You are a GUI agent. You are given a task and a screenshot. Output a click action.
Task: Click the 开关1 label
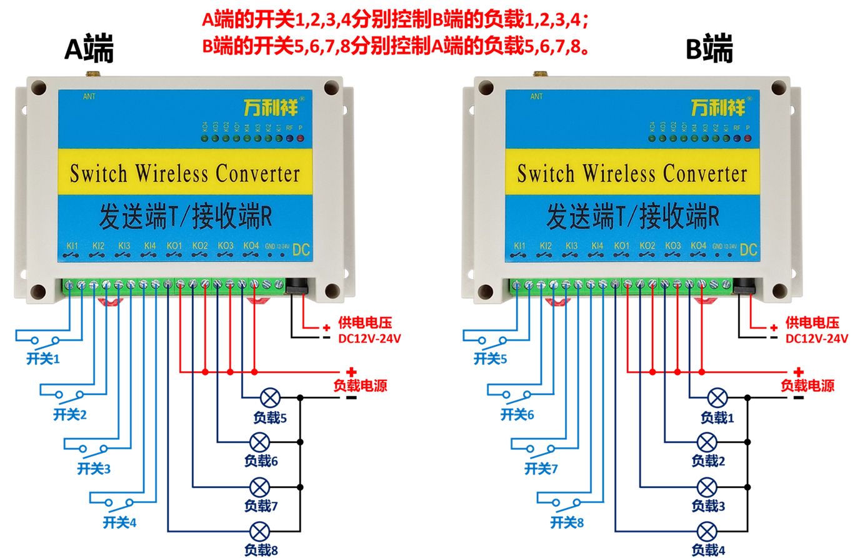pos(42,359)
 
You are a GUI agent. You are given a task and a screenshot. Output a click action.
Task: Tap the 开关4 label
pos(119,522)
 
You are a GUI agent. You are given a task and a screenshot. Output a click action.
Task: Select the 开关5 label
pos(490,359)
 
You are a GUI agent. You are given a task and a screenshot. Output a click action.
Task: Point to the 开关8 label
pos(567,522)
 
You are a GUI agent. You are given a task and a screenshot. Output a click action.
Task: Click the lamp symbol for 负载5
pos(270,397)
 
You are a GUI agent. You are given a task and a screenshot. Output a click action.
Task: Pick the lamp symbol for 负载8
pos(260,532)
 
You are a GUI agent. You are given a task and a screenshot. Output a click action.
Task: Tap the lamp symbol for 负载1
pos(717,397)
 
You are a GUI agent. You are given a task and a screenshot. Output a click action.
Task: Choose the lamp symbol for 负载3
pos(707,487)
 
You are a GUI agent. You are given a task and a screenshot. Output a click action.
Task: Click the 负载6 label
pos(261,461)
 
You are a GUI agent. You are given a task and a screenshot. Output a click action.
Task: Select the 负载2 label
pos(708,461)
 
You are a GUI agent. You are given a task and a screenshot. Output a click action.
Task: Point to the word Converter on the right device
pos(705,173)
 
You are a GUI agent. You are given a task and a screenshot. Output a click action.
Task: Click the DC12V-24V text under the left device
pos(369,339)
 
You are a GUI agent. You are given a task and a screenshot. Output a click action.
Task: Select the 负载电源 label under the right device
pos(807,386)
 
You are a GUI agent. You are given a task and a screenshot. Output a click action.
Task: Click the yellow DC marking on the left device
pos(301,250)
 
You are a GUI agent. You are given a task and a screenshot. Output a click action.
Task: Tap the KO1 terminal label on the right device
pos(621,246)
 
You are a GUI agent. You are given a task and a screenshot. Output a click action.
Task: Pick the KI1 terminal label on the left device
pos(72,246)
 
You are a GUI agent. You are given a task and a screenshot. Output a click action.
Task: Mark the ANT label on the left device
pos(89,97)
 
